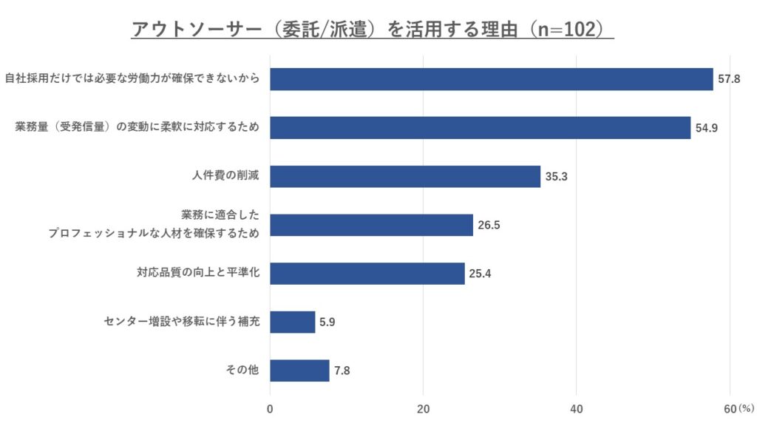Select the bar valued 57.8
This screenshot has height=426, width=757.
point(491,79)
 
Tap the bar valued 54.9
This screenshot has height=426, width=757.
point(480,127)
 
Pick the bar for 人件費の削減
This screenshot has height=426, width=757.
point(404,177)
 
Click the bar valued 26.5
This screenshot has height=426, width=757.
point(371,225)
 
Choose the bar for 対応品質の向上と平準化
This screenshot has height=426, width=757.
point(367,274)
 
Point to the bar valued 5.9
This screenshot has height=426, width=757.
point(292,322)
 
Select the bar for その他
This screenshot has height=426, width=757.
point(299,371)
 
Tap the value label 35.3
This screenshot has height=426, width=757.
point(556,177)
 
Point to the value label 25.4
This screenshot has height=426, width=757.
point(480,274)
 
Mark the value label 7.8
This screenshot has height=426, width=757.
point(342,371)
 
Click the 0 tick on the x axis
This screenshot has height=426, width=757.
point(270,409)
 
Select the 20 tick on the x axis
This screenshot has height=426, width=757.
point(424,409)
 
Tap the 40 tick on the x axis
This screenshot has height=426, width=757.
point(577,409)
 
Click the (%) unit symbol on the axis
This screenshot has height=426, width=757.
point(745,408)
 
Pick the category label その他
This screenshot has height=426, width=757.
point(242,371)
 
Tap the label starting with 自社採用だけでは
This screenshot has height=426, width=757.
point(132,79)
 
